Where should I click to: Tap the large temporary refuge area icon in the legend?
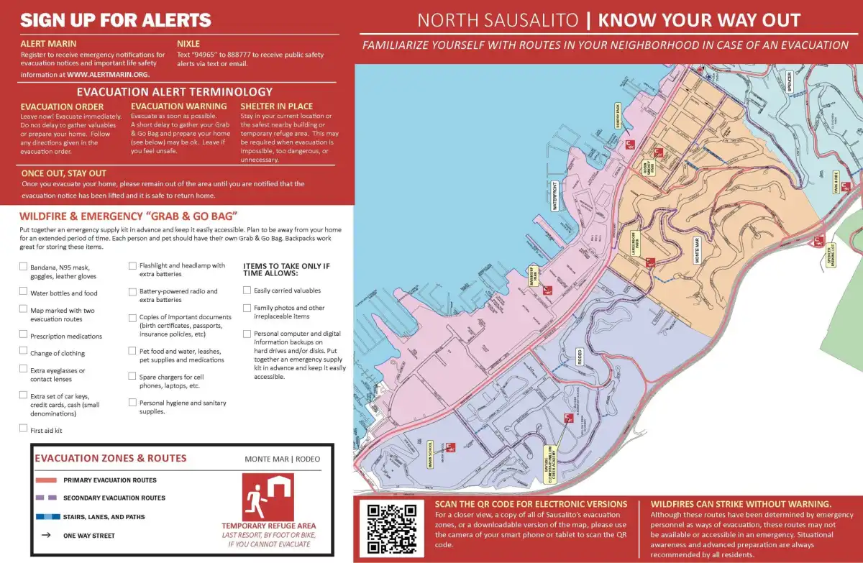268,496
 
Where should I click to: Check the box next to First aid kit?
24,429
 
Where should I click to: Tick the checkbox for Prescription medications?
24,334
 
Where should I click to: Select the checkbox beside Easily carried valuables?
247,290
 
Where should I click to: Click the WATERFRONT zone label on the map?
554,196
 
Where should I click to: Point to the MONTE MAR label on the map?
697,250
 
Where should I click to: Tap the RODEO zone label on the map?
579,357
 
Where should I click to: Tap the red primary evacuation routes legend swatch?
46,480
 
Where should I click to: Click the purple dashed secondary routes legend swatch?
46,498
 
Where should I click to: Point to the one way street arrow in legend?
46,535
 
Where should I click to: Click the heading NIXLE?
188,44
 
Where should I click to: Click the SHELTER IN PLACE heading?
276,106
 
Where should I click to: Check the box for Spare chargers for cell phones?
132,376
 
